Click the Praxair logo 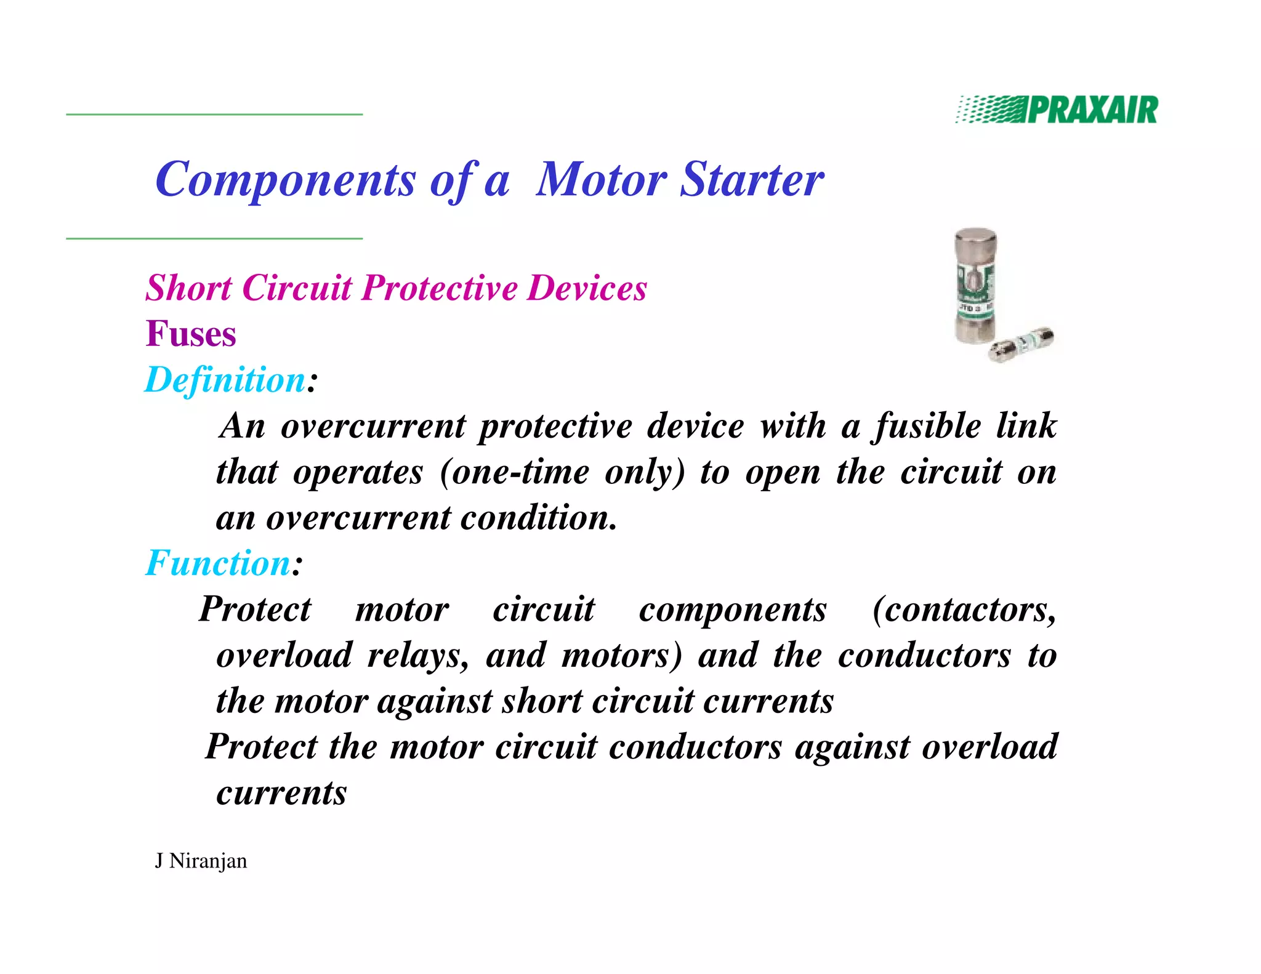coord(1057,110)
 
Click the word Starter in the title coord(752,179)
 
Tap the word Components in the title coord(286,180)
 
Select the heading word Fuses coord(191,334)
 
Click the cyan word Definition coord(225,380)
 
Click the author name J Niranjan coord(201,861)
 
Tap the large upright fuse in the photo coord(975,287)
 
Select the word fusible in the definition coord(929,426)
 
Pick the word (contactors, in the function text coord(964,610)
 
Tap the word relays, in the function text coord(418,655)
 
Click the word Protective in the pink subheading coord(440,288)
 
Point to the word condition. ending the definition coord(539,518)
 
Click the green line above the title coord(214,115)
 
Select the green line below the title coord(214,238)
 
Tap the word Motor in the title coord(601,179)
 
